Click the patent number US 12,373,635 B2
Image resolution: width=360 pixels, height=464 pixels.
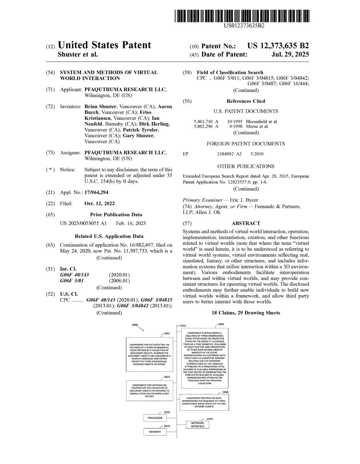[278, 46]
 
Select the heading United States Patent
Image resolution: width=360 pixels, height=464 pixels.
[104, 45]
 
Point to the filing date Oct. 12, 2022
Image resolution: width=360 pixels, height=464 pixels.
[99, 203]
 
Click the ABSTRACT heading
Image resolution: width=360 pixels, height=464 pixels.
[246, 223]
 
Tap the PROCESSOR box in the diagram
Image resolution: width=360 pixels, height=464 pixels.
[155, 418]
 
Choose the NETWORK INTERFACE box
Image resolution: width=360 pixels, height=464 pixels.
[198, 425]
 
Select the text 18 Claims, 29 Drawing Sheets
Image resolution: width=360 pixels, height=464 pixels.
[246, 312]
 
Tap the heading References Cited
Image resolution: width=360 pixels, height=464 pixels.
[246, 101]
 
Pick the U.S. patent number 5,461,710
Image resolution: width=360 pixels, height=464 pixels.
[203, 121]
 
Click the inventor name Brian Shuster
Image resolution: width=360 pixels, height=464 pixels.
[101, 106]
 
